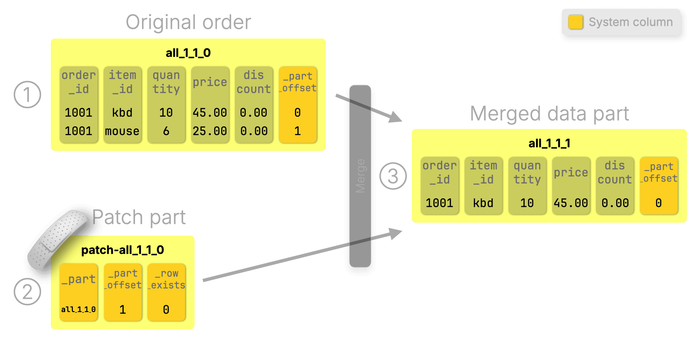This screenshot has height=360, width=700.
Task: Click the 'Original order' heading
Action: [188, 23]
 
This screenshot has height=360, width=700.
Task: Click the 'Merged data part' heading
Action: [549, 114]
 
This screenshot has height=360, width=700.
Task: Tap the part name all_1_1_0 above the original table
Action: [188, 53]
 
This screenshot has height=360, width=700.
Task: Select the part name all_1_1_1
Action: [549, 143]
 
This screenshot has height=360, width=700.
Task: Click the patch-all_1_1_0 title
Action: [122, 250]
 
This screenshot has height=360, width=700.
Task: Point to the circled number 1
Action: [27, 95]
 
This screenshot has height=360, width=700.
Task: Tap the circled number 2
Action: [27, 292]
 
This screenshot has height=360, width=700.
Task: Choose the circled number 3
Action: [393, 176]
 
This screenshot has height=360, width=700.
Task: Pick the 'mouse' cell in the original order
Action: [122, 131]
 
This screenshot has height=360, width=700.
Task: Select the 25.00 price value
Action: [210, 131]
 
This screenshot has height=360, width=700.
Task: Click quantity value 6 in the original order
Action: [166, 131]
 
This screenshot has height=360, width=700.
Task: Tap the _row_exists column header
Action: [166, 279]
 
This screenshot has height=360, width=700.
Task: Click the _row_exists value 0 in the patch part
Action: [166, 310]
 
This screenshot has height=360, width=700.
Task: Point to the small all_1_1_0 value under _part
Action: [78, 309]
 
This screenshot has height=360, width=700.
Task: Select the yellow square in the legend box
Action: [576, 22]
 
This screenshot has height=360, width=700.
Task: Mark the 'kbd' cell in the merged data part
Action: [483, 203]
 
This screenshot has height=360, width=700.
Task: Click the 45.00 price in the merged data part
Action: [571, 203]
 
